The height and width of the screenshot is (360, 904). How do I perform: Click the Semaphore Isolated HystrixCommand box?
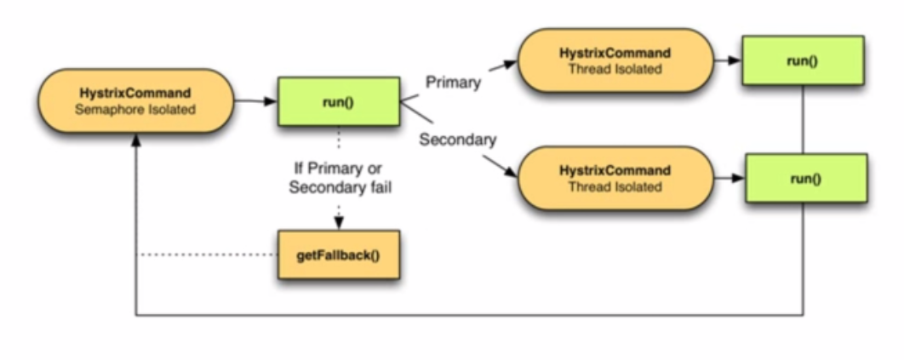136,101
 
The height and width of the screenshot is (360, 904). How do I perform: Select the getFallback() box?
339,254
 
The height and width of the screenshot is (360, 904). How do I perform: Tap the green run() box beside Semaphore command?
339,101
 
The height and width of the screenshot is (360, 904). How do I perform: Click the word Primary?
453,83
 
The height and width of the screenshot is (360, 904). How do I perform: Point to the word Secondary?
458,140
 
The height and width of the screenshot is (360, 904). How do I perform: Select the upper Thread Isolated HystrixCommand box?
615,60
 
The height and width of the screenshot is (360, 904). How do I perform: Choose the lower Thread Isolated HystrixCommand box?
615,178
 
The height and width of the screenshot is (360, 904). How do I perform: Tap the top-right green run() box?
803,61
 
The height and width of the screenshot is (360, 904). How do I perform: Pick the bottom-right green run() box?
805,178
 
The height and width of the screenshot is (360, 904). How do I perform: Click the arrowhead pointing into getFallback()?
339,225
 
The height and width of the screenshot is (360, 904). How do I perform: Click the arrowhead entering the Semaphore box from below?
136,140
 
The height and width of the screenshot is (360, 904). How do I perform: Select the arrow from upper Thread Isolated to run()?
728,60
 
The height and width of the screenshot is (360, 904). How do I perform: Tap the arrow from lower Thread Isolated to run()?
729,178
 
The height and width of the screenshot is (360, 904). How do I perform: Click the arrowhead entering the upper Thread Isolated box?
511,63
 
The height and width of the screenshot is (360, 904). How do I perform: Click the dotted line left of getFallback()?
207,254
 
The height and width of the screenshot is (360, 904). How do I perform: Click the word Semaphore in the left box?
106,109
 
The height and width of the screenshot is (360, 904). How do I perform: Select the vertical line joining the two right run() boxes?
803,120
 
